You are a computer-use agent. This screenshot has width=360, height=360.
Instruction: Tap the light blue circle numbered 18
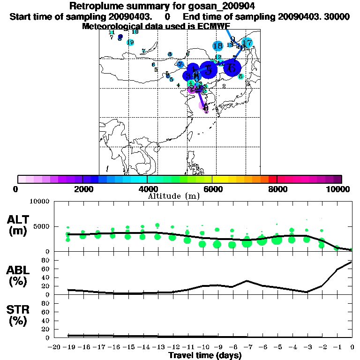(217, 46)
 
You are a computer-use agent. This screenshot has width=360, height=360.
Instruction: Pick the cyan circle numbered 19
(130, 42)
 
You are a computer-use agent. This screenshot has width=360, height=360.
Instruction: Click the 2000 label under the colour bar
(82, 189)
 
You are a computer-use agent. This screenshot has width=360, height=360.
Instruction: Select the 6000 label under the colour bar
(212, 189)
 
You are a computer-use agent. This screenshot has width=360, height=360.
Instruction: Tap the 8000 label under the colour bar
(277, 189)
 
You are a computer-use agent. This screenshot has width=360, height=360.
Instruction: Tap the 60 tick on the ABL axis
(46, 269)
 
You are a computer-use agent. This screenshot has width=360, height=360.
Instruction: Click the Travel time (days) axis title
(205, 355)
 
